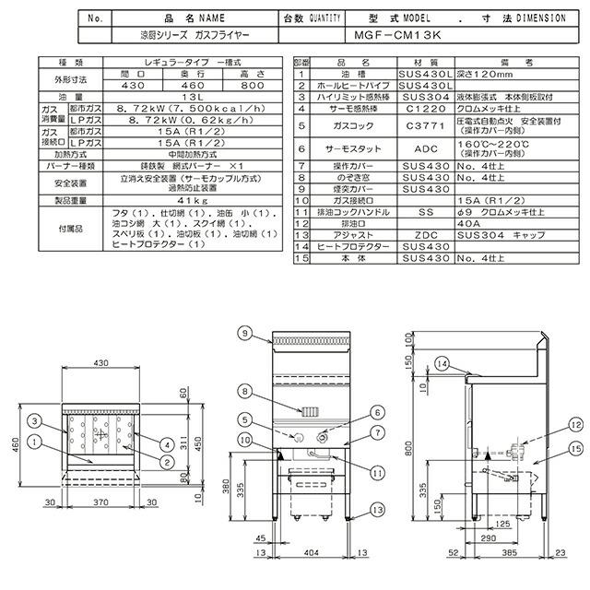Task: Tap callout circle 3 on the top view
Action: (31, 420)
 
